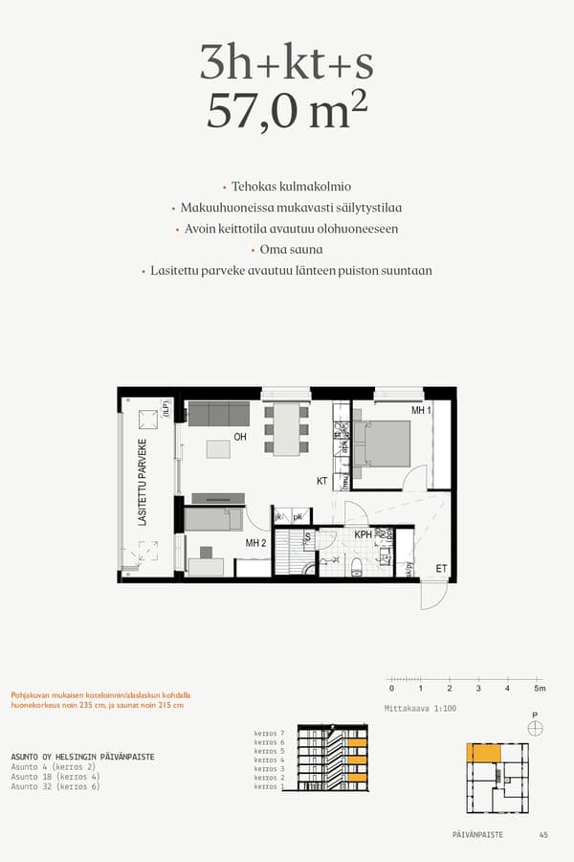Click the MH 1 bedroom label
tap(420, 410)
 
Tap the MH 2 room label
tap(254, 543)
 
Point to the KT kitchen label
tap(322, 481)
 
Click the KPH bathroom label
tap(363, 534)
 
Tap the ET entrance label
tap(441, 568)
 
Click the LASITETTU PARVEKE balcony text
tap(143, 483)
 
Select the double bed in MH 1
tap(384, 442)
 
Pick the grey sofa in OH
tap(218, 414)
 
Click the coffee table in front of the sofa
tap(219, 448)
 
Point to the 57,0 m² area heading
tap(287, 112)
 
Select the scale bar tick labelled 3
tap(478, 688)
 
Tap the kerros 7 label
tap(270, 734)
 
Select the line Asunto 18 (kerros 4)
tap(55, 777)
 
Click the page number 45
tap(543, 835)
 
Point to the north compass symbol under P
tap(535, 729)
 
